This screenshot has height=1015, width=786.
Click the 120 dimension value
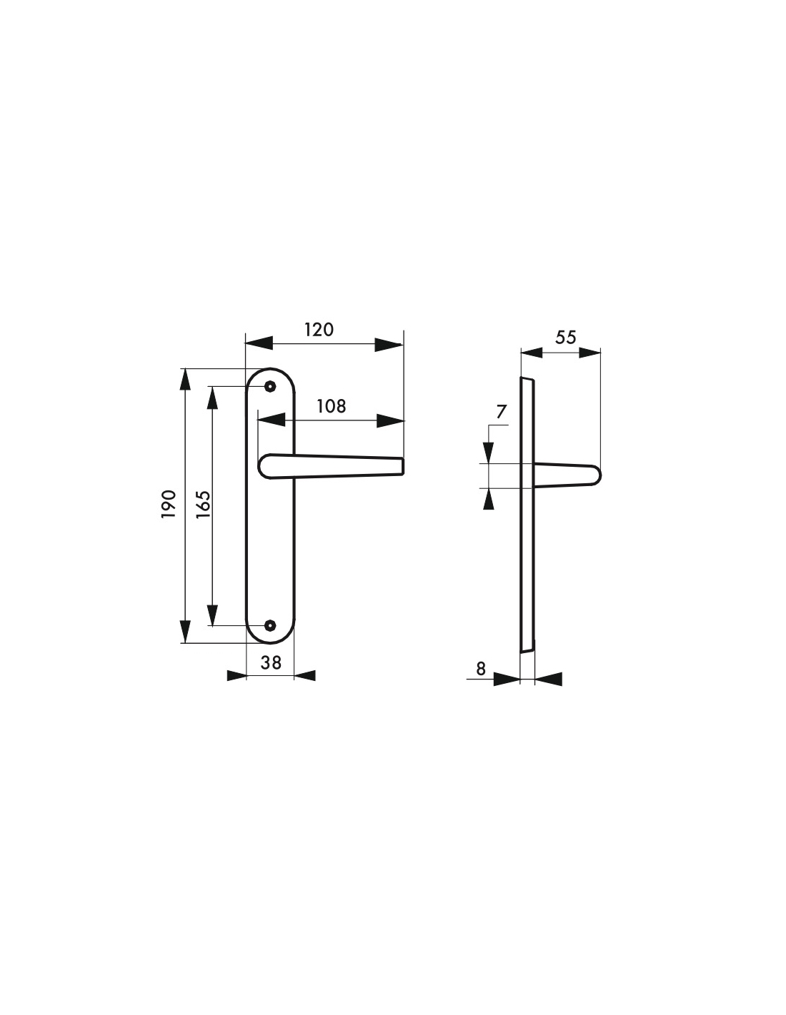pyautogui.click(x=319, y=330)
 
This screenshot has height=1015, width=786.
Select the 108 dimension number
pyautogui.click(x=331, y=406)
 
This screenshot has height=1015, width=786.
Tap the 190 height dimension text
pyautogui.click(x=169, y=503)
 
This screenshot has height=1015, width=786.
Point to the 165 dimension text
pyautogui.click(x=204, y=504)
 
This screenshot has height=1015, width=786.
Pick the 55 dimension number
pyautogui.click(x=566, y=337)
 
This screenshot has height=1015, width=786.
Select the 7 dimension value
pyautogui.click(x=501, y=412)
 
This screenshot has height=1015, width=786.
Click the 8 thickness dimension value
pyautogui.click(x=481, y=669)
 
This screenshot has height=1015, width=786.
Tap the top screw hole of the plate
pyautogui.click(x=270, y=386)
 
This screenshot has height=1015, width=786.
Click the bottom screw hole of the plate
pyautogui.click(x=270, y=625)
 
